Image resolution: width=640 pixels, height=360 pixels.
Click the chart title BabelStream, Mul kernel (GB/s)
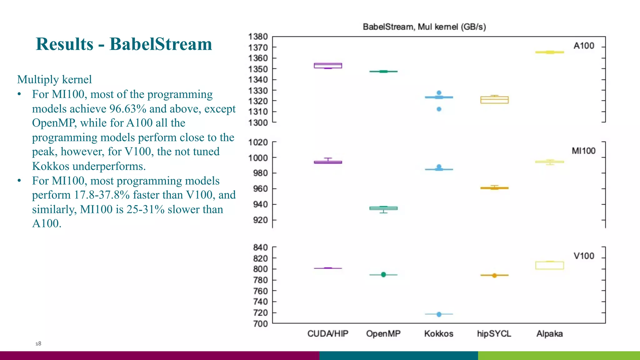pos(424,27)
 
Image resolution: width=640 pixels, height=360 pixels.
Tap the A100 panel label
pos(583,46)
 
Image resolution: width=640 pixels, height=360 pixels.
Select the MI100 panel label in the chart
pos(583,151)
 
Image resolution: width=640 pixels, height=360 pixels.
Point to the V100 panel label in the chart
pos(583,256)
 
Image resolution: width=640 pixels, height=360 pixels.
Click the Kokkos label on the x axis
pos(438,334)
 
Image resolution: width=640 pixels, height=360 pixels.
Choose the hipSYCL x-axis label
pos(494,334)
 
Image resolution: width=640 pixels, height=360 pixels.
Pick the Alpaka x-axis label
pos(549,334)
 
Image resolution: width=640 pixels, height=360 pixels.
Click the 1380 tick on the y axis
pos(258,37)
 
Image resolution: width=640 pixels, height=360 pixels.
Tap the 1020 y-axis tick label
pos(258,142)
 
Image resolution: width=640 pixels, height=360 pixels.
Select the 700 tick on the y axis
pos(260,324)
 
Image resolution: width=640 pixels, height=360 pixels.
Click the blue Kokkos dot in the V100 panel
pos(439,314)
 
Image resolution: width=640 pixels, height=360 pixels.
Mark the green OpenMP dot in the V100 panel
pos(383,275)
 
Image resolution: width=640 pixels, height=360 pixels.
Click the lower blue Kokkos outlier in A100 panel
pos(439,109)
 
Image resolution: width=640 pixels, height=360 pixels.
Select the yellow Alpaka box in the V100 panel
pos(549,265)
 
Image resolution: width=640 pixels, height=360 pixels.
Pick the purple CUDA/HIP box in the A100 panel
pos(328,66)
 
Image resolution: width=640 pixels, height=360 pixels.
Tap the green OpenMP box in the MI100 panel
pos(383,208)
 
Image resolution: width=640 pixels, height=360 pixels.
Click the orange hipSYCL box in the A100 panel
pos(494,100)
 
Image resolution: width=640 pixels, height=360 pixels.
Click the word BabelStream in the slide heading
pos(161,44)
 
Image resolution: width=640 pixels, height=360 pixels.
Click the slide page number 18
pos(38,344)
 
